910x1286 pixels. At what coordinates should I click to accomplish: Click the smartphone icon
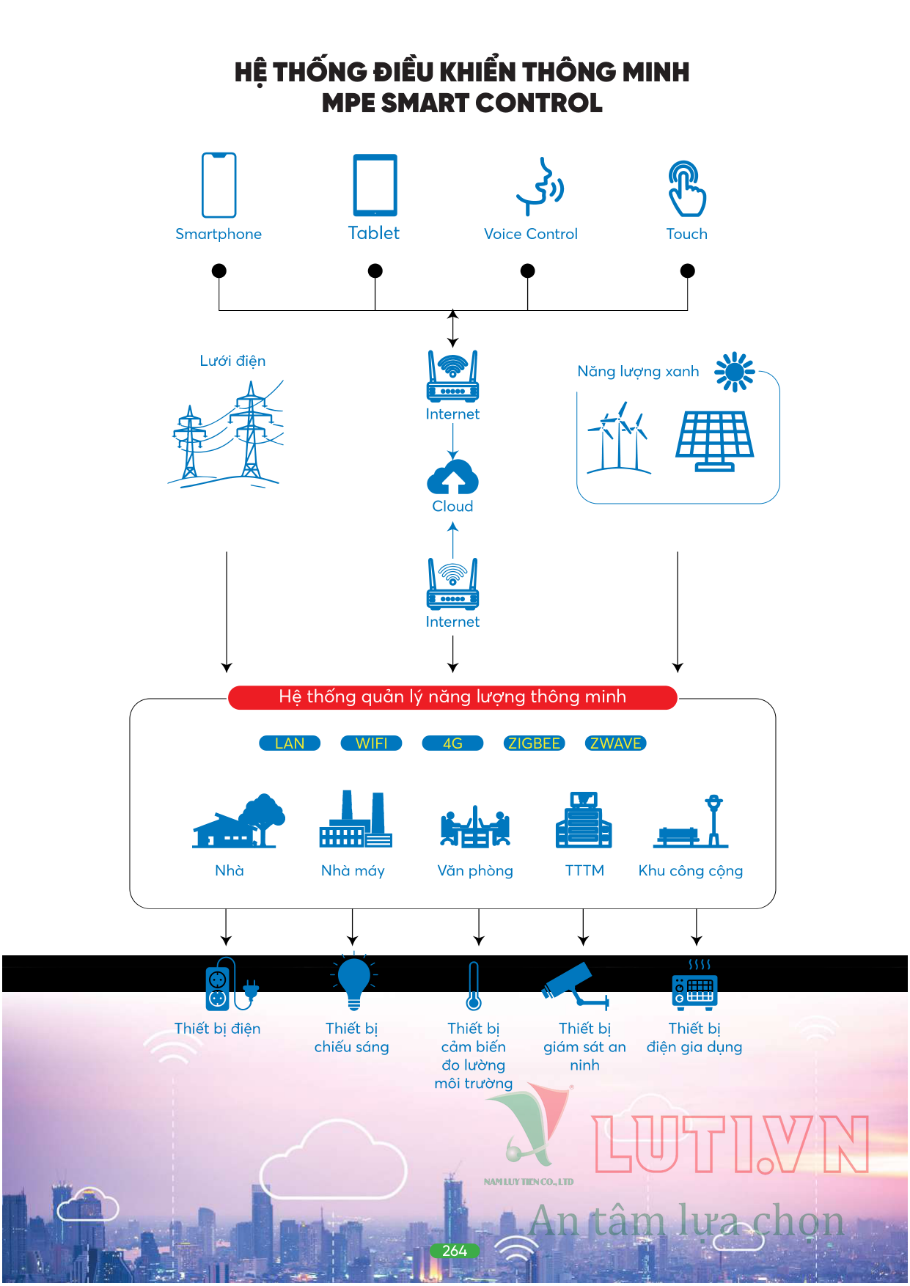point(219,185)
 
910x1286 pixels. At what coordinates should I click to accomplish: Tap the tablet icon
point(375,185)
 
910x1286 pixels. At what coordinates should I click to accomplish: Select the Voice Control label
point(531,234)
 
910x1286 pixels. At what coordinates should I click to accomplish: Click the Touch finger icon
point(687,188)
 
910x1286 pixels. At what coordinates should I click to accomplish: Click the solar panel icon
point(714,441)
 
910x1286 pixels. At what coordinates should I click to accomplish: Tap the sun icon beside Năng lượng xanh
point(734,372)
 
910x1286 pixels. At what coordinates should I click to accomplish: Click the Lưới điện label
point(232,361)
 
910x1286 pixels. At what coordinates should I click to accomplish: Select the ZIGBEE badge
point(534,743)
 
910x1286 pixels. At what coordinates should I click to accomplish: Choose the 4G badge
point(452,743)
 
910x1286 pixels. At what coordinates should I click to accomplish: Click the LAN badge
point(290,743)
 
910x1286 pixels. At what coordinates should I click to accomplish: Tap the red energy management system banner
point(452,697)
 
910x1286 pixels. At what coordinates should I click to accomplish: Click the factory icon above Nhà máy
point(356,819)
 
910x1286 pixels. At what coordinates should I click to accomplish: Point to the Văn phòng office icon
point(475,826)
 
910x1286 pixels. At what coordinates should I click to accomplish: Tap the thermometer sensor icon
point(474,986)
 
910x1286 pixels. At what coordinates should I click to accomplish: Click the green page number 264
point(455,1251)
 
